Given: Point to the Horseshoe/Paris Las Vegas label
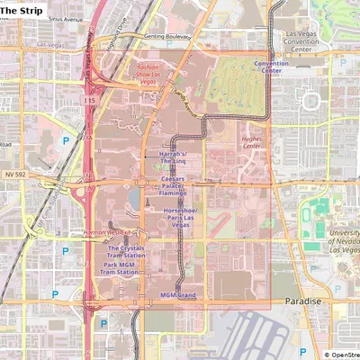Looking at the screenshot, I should (180, 217).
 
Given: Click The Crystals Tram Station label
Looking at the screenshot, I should (125, 252).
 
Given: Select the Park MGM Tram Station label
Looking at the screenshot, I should (121, 269).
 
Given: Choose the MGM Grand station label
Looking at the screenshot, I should (178, 295).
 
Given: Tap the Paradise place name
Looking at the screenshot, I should (302, 301).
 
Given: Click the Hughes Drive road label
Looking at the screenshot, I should (113, 41).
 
